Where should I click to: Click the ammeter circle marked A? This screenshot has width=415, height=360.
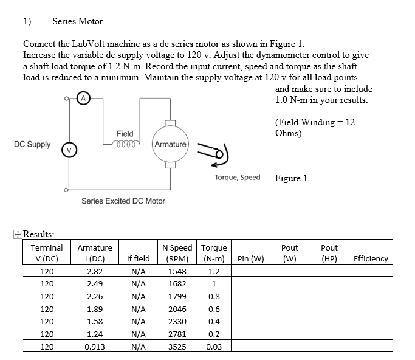click(85, 97)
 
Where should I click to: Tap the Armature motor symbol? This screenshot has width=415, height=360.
click(170, 144)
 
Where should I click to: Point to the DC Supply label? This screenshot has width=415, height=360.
click(32, 145)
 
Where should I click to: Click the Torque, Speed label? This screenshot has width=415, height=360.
click(237, 178)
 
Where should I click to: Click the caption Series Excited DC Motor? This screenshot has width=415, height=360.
click(123, 201)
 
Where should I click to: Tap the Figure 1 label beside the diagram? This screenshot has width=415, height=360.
click(291, 178)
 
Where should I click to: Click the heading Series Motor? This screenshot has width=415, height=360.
click(77, 21)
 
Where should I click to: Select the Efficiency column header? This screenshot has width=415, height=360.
click(371, 258)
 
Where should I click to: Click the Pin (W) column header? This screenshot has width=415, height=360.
click(250, 258)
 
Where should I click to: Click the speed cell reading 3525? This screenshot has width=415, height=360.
click(177, 347)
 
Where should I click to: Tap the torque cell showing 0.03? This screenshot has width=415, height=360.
click(214, 347)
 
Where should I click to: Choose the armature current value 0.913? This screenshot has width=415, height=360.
click(95, 347)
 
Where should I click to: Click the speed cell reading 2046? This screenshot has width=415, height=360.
click(177, 308)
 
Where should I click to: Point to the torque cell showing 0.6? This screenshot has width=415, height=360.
click(214, 308)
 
